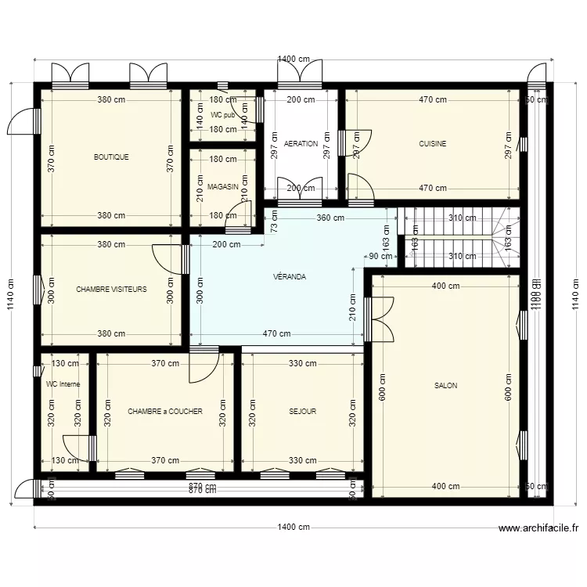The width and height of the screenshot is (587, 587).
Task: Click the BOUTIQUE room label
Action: click(x=111, y=157)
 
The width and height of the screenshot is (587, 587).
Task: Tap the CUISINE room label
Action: click(x=433, y=144)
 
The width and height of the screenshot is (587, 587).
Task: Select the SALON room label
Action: click(x=446, y=385)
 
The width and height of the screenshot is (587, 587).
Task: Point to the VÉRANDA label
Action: click(x=290, y=277)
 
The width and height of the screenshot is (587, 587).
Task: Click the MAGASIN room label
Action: click(x=223, y=186)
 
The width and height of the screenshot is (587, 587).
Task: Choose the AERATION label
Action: click(x=301, y=144)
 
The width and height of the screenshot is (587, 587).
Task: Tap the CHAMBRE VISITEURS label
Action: click(x=111, y=289)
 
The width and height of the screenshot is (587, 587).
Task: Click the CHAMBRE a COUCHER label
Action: click(x=165, y=411)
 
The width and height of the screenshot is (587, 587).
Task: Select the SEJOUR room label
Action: click(x=302, y=411)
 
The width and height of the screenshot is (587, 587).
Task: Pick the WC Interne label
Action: click(x=63, y=384)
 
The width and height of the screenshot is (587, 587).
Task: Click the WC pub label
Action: click(x=222, y=115)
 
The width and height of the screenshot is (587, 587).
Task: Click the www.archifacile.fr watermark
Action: click(x=538, y=528)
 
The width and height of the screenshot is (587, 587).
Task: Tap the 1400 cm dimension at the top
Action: click(x=293, y=59)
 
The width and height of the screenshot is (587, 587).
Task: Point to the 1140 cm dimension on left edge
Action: click(x=10, y=296)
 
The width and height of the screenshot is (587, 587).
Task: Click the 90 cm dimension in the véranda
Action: click(x=380, y=256)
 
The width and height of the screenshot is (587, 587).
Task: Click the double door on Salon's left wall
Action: click(x=381, y=319)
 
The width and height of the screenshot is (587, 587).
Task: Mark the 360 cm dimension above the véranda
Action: click(x=330, y=218)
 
